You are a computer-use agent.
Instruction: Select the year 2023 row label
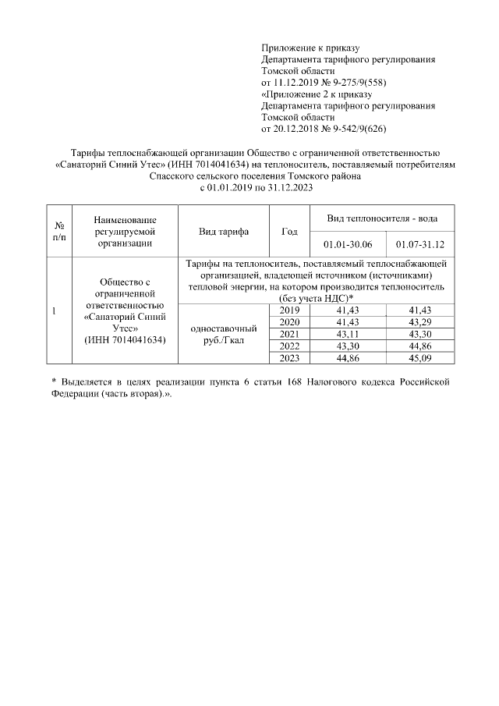(288, 357)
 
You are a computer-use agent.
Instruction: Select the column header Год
(288, 232)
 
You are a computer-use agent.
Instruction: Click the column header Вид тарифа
(224, 232)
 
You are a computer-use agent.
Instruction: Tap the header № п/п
(59, 232)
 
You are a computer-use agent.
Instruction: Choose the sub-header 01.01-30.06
(347, 244)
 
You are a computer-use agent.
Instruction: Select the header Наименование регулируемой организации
(124, 232)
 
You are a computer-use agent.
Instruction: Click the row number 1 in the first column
(53, 311)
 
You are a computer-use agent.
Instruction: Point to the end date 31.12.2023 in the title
(285, 187)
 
